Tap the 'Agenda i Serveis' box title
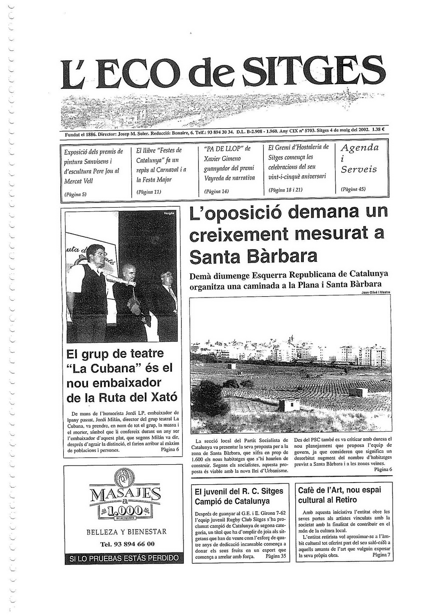[x=359, y=159]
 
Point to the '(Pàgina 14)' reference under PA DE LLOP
[x=217, y=191]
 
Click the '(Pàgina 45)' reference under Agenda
[x=353, y=189]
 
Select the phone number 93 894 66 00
[x=127, y=544]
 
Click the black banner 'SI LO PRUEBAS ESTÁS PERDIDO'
[x=124, y=558]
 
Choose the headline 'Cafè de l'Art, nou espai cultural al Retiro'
[x=340, y=495]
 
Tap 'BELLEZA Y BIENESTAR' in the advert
[x=127, y=532]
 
